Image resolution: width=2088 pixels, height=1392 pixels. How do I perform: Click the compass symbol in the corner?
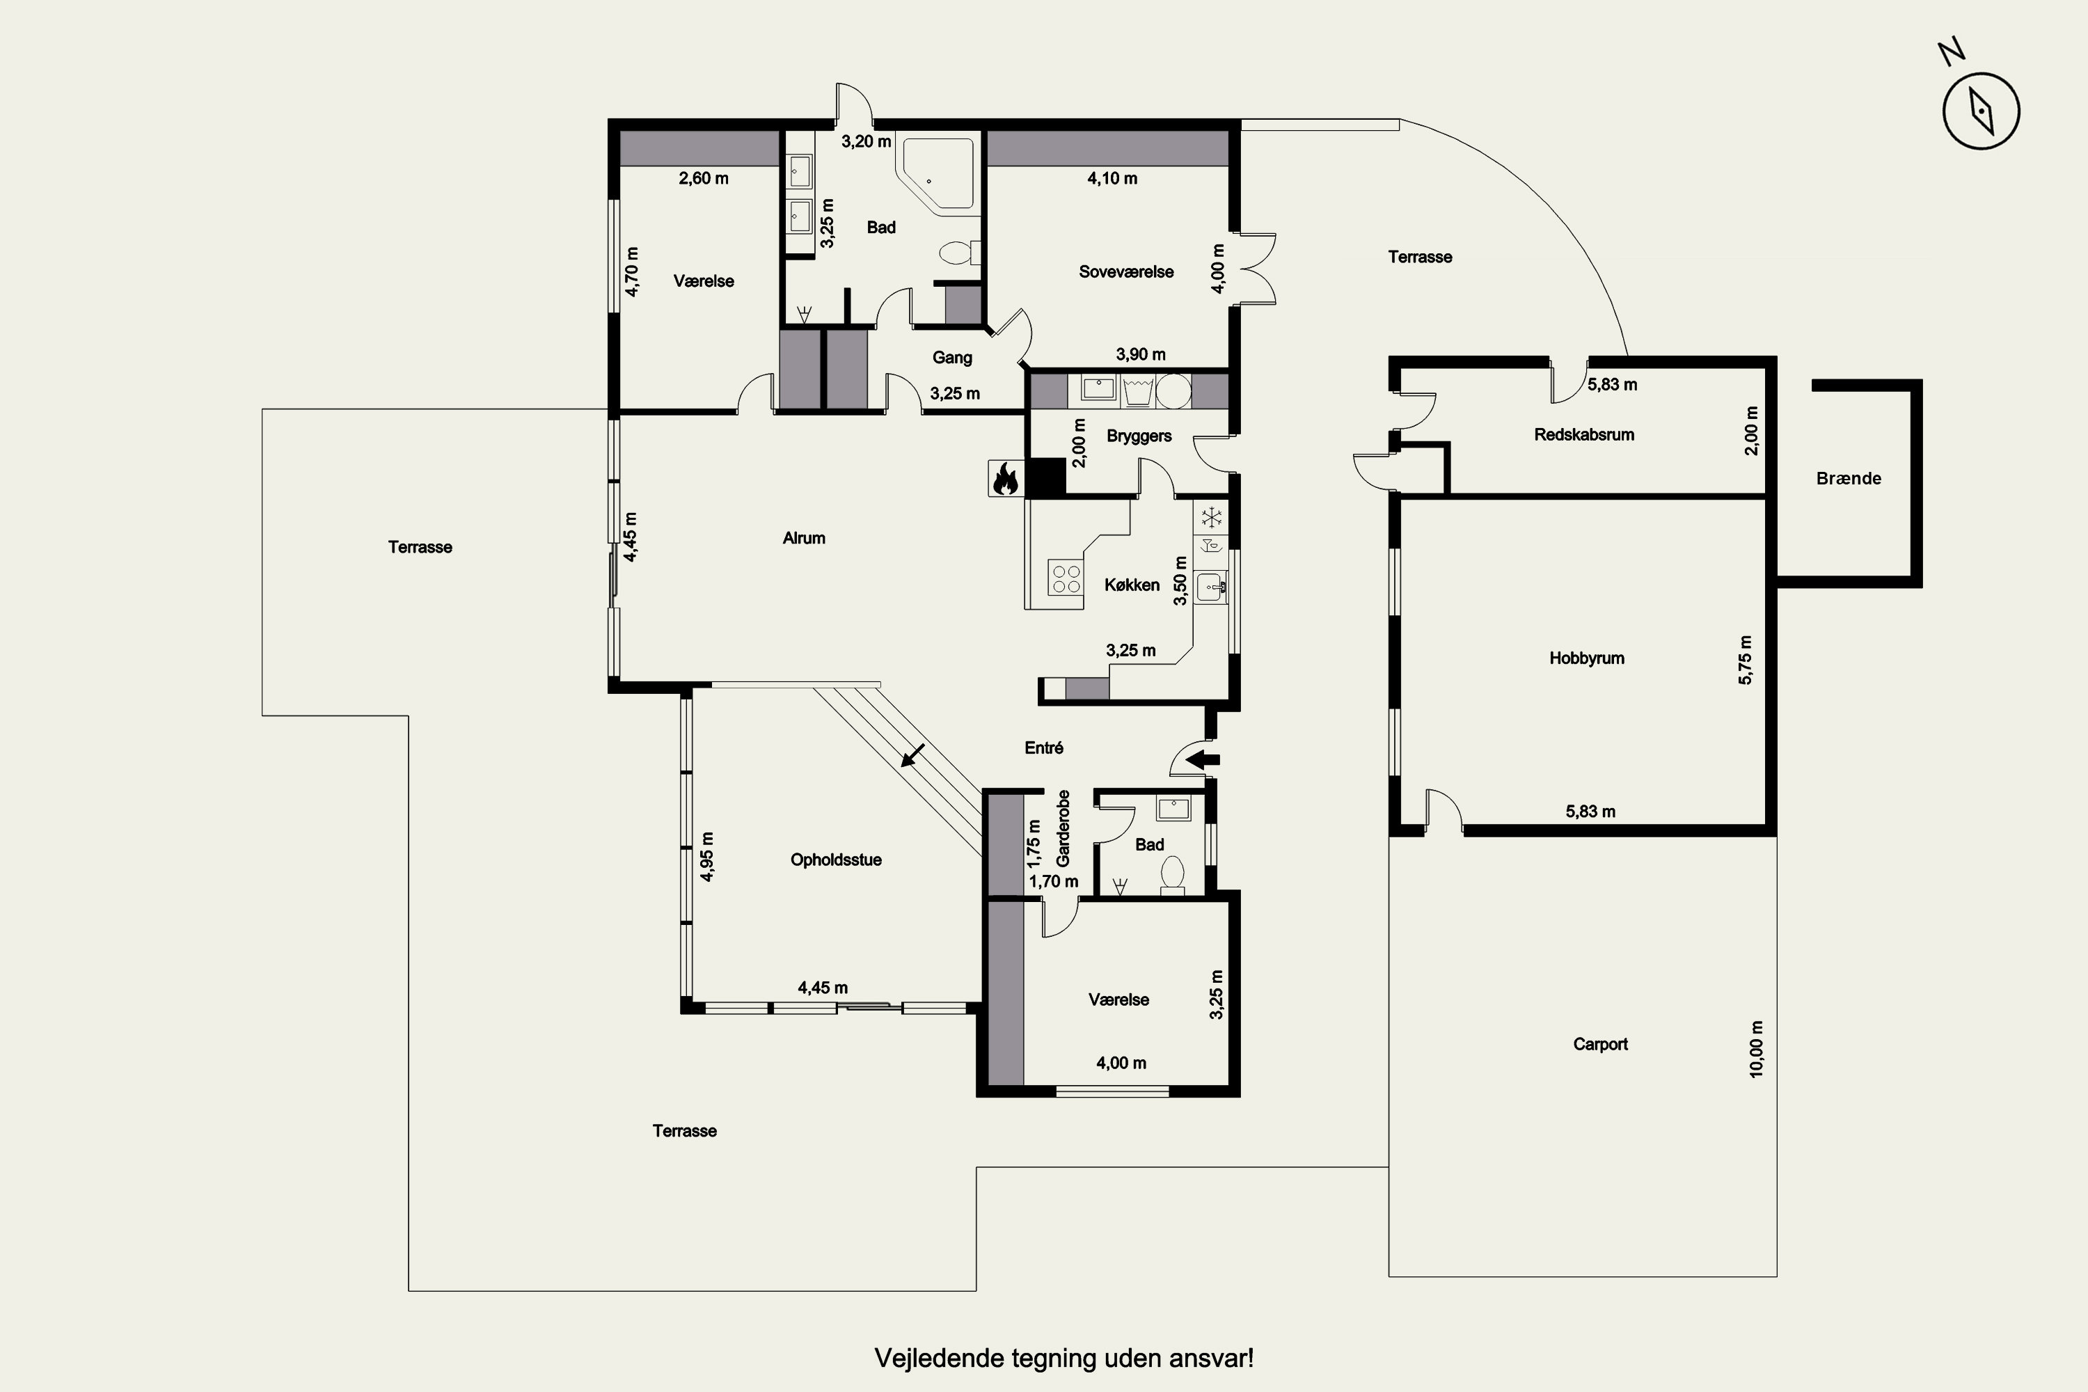tap(1981, 111)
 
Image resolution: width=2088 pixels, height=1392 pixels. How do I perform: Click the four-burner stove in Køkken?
tap(1066, 577)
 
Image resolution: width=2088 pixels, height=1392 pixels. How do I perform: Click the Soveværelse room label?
tap(1125, 271)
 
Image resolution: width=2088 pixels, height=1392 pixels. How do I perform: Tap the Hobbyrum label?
tap(1586, 658)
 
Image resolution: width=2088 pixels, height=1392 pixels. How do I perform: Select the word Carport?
tap(1599, 1044)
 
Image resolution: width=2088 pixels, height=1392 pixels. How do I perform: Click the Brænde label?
tap(1849, 479)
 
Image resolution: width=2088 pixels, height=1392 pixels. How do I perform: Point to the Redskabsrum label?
tap(1584, 434)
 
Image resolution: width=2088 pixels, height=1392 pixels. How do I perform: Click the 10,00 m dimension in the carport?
tap(1756, 1050)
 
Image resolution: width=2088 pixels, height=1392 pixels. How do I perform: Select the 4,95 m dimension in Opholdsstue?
tap(706, 857)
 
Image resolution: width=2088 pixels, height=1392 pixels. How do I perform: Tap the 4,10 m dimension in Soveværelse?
tap(1112, 178)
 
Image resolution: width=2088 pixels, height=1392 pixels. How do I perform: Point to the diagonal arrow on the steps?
tap(912, 755)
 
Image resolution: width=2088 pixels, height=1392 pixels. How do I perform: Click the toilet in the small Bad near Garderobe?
tap(1173, 873)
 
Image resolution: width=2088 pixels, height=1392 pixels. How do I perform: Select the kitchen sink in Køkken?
tap(1211, 587)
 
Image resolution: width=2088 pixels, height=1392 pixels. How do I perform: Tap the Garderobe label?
tap(1063, 828)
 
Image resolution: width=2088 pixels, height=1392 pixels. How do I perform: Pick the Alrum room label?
tap(803, 538)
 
